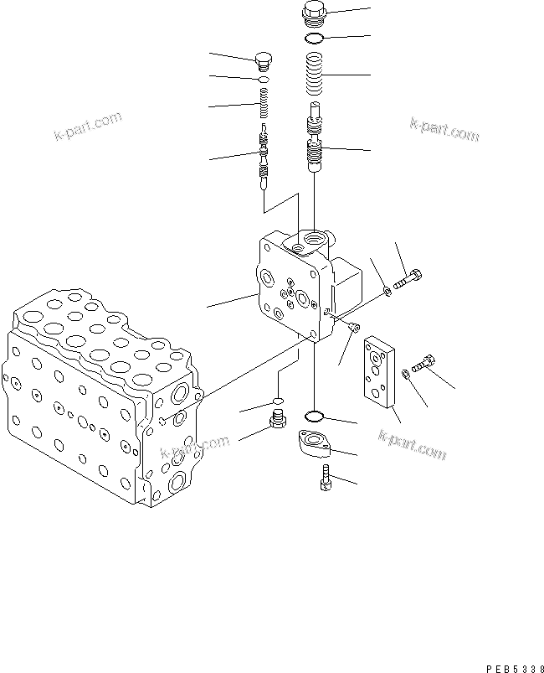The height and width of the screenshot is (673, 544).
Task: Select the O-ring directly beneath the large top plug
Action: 315,39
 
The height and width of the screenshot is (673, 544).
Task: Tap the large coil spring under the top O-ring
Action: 315,74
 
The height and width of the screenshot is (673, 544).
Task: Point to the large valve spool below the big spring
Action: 315,138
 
